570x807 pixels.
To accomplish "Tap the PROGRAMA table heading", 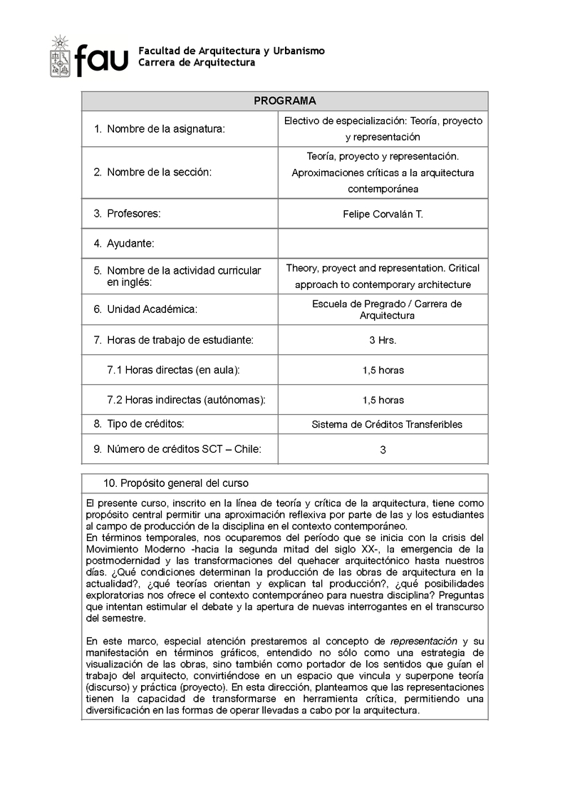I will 284,101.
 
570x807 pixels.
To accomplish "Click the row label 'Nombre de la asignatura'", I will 165,129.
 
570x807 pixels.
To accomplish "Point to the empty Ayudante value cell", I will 383,243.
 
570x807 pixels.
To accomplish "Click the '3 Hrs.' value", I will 383,340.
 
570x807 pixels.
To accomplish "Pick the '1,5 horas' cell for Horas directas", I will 383,370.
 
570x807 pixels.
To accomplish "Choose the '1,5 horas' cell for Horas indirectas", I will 383,400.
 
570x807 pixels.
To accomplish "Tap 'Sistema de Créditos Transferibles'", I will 387,424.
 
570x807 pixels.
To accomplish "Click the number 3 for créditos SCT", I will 383,450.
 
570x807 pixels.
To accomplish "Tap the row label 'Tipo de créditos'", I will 145,423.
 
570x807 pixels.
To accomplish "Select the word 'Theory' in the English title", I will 301,268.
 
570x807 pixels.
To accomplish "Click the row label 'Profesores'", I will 133,213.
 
